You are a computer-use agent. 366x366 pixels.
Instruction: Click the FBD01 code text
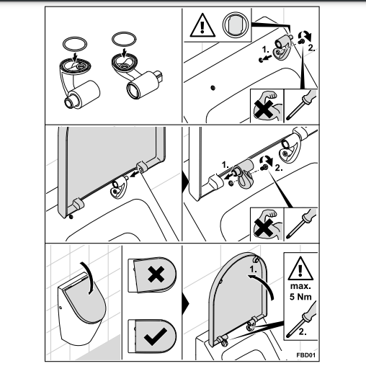306,355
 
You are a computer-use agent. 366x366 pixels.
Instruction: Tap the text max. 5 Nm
300,292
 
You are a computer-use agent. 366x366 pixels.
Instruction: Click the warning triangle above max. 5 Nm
300,269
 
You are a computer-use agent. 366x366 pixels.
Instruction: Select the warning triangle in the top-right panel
202,25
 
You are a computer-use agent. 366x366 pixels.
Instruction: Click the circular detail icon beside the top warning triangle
235,24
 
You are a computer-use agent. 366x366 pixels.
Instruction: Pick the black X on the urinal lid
156,274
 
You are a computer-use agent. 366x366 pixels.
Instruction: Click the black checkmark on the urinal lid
156,336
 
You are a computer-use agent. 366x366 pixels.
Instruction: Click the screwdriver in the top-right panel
301,105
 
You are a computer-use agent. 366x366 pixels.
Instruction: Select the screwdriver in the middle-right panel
301,223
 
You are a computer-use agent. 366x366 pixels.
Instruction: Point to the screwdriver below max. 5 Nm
301,319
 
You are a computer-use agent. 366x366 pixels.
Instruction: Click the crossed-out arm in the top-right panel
267,107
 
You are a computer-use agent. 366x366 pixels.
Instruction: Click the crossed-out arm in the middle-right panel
267,225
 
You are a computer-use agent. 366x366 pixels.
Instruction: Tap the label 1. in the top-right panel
265,50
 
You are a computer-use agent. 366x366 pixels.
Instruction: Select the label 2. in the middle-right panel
279,168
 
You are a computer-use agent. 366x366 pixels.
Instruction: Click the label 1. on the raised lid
253,269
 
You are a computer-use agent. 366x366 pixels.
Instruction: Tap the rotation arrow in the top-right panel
305,35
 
